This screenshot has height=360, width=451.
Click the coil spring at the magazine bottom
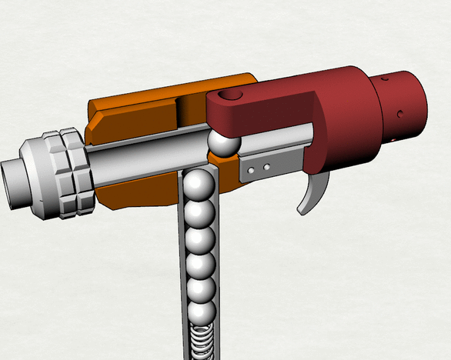pyautogui.click(x=202, y=342)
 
